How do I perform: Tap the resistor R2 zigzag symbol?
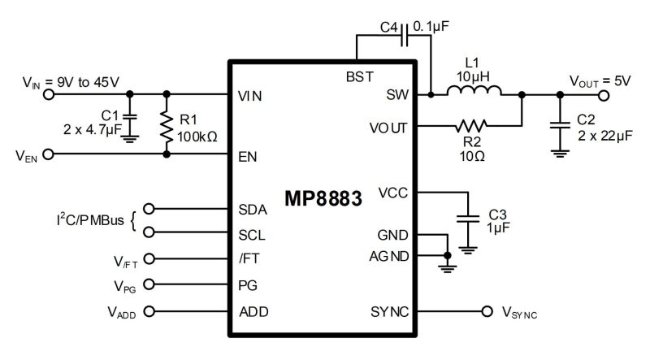[x=470, y=125]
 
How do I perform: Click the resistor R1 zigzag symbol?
[x=167, y=124]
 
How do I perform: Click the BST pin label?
[x=359, y=76]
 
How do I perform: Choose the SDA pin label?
[x=253, y=208]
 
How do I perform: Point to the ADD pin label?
[x=253, y=311]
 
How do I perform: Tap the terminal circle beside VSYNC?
[x=487, y=311]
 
